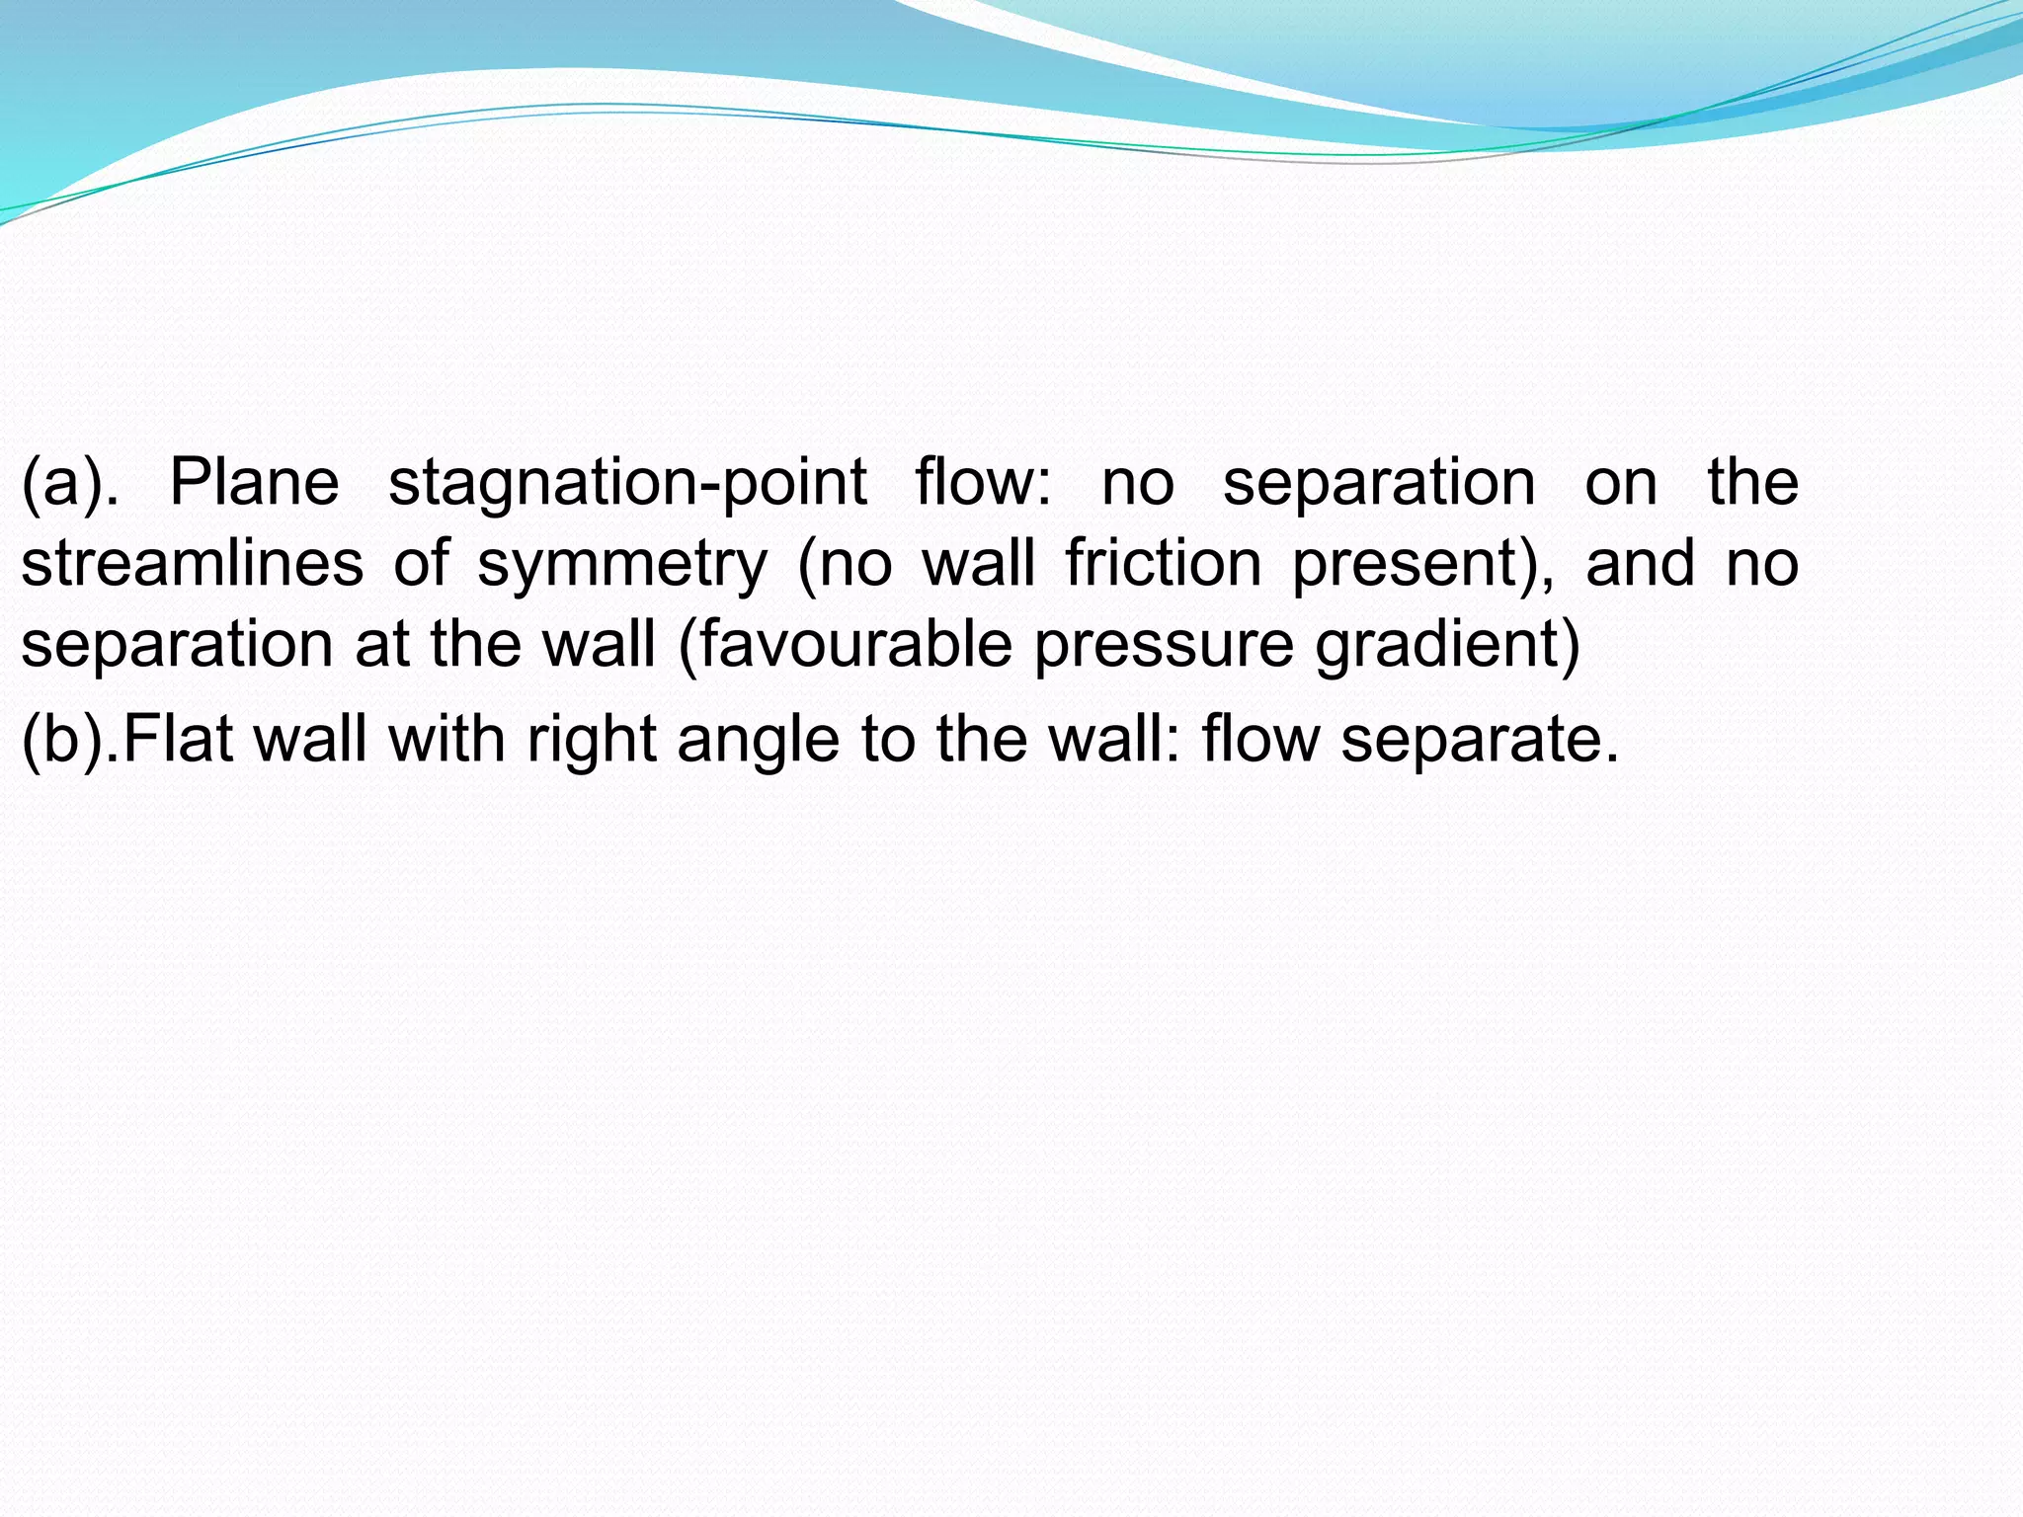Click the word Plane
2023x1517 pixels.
[x=254, y=483]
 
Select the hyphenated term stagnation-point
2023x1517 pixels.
[x=627, y=483]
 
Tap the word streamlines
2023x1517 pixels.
[x=193, y=564]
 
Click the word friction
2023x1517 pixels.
[x=1164, y=564]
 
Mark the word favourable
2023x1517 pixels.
[x=855, y=645]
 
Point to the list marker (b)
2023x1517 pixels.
[x=69, y=740]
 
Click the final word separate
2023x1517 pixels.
[x=1479, y=740]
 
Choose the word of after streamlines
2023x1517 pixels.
[x=422, y=564]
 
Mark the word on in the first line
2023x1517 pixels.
[x=1621, y=483]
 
